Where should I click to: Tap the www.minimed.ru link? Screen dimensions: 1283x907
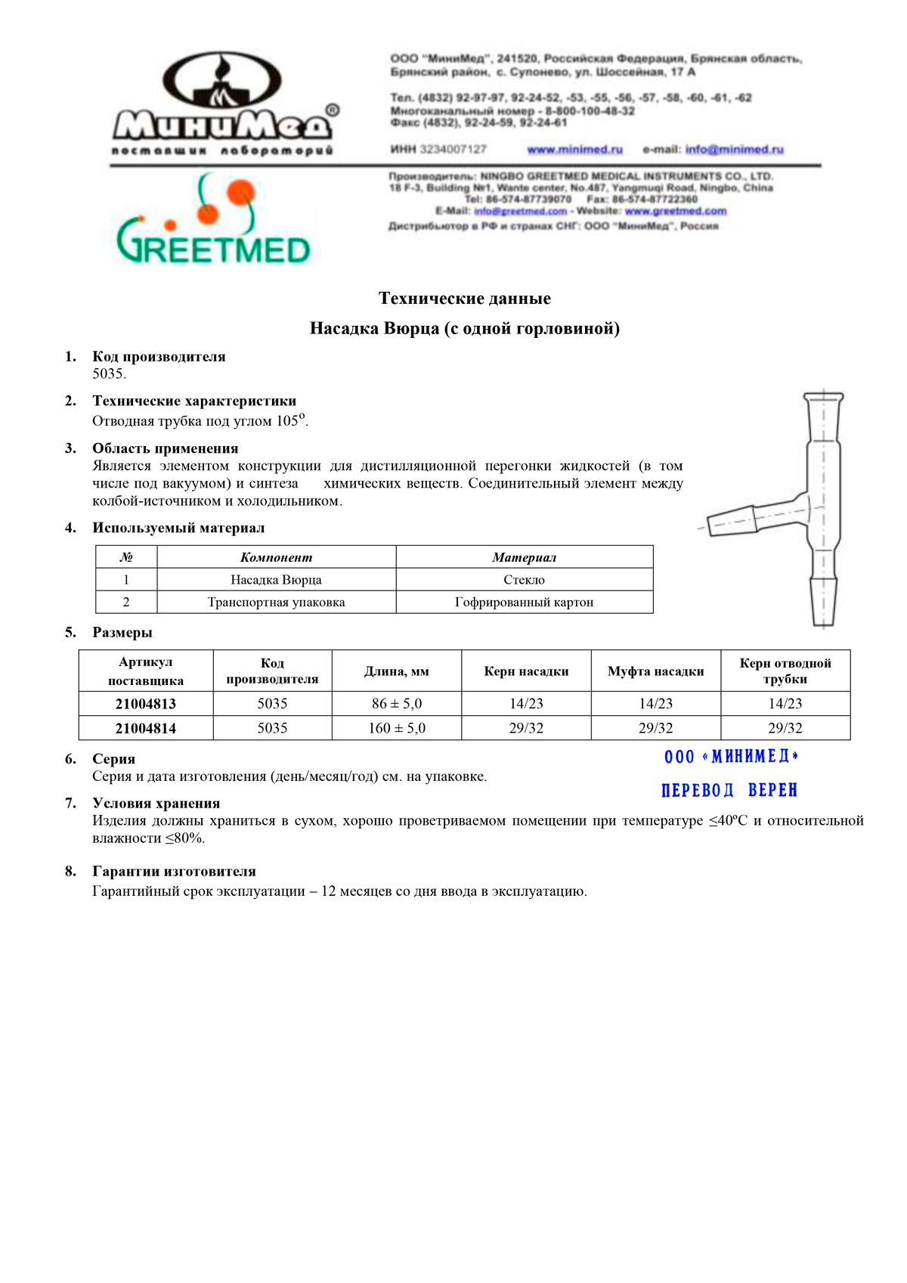point(574,150)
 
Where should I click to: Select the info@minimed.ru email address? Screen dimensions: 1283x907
point(734,150)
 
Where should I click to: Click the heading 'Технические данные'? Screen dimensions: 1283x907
point(464,299)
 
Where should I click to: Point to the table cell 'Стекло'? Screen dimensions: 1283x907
point(524,580)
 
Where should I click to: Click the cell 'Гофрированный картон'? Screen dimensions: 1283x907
point(524,603)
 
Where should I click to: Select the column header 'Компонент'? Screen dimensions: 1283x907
point(276,558)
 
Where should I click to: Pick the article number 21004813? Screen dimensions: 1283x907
point(145,704)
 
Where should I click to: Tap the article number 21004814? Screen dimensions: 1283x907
point(145,728)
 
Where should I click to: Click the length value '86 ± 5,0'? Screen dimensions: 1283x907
point(397,704)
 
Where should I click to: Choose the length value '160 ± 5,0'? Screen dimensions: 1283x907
point(397,728)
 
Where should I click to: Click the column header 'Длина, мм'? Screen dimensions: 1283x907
point(397,671)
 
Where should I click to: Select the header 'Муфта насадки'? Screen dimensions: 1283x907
point(655,671)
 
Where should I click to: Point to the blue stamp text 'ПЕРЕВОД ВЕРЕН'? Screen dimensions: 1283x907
point(729,790)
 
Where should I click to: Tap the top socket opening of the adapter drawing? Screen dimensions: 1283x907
point(823,396)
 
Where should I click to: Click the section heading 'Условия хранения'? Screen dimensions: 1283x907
point(156,804)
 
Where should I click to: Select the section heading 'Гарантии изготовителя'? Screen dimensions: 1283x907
point(174,872)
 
